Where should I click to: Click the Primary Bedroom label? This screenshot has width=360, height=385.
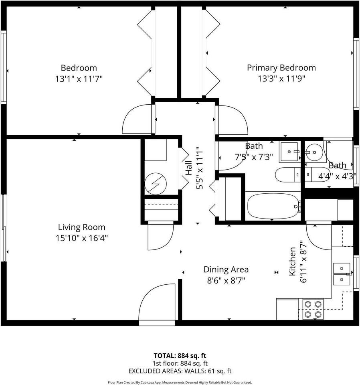point(281,68)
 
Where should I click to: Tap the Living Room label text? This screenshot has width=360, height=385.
point(81,227)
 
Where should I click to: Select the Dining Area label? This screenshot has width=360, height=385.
point(226,269)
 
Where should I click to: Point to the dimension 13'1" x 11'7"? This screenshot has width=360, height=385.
point(79,79)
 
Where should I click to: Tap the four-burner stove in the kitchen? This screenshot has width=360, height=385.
point(313,309)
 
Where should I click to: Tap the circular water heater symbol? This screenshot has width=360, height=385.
point(156,183)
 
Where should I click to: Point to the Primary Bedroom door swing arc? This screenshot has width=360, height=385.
point(232,120)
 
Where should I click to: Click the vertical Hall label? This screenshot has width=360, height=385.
point(188,168)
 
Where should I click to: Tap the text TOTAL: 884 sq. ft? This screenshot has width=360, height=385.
point(180,356)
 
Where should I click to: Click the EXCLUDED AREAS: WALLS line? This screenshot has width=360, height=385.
point(180,371)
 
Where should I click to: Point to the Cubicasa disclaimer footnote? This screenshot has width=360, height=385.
point(180,382)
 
